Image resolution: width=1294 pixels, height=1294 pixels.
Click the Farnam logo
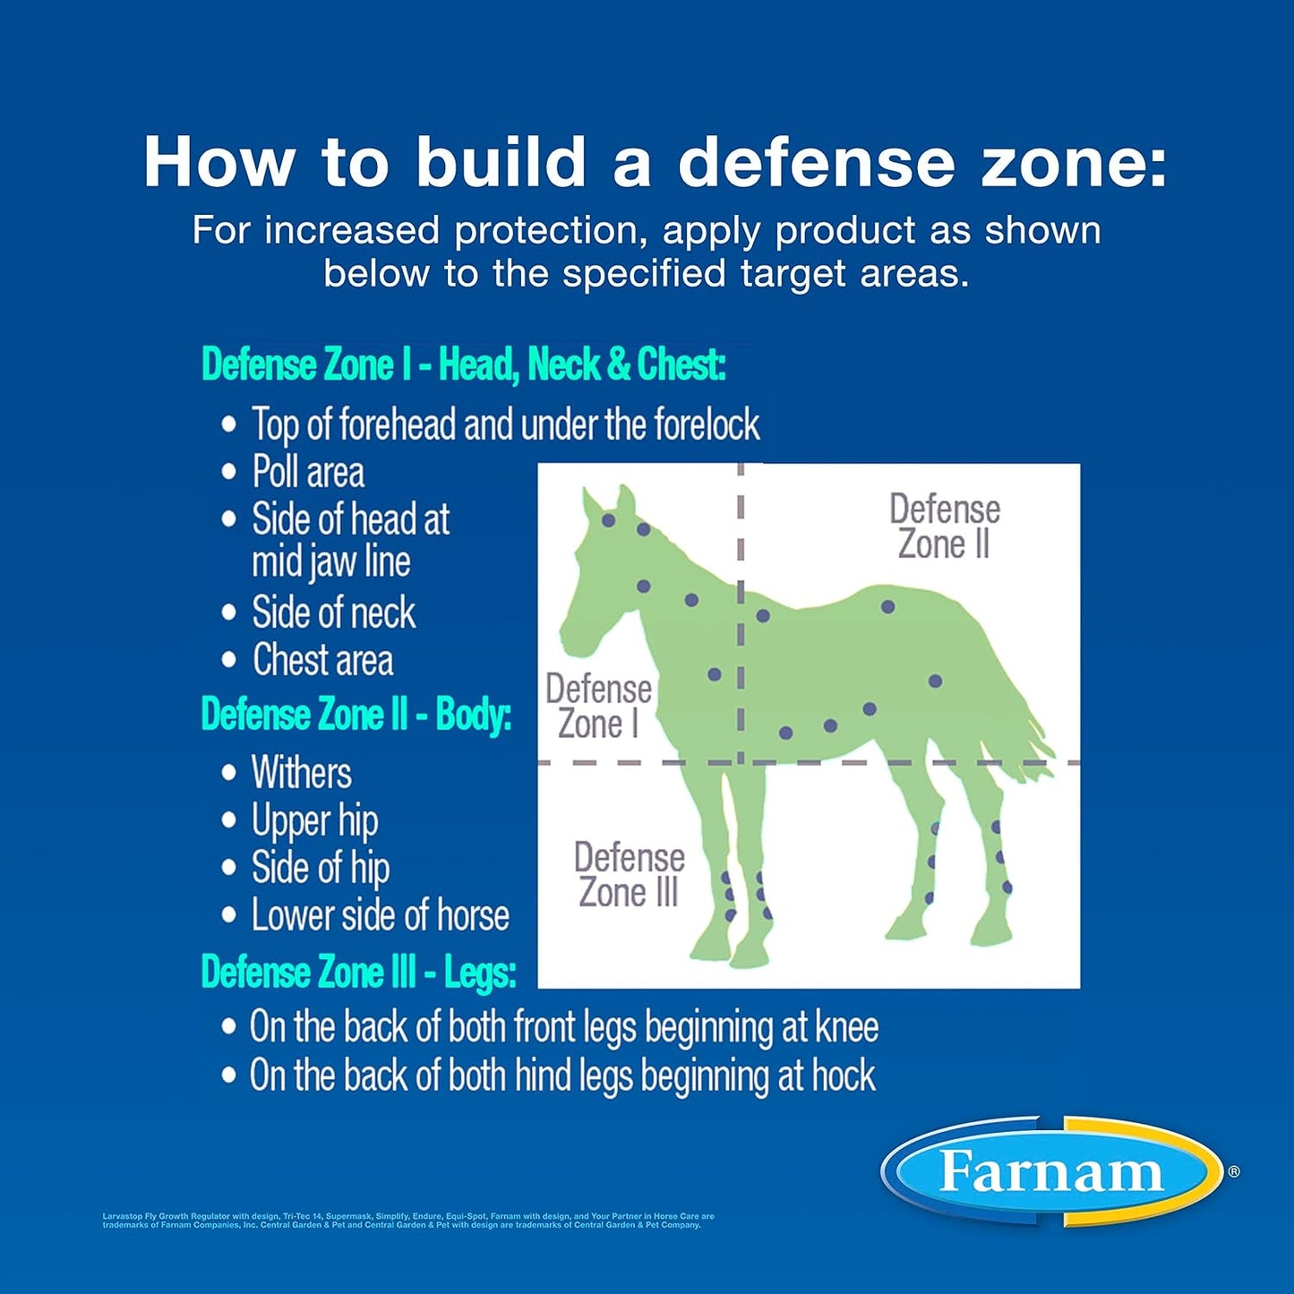(1051, 1171)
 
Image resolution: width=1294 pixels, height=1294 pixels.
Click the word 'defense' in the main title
(816, 163)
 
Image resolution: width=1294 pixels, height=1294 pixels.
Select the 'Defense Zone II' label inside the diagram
(945, 527)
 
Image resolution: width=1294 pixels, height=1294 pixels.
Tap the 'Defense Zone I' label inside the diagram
(598, 707)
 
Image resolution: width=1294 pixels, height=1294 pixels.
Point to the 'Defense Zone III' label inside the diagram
(629, 874)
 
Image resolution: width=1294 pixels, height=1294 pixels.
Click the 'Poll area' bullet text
(308, 472)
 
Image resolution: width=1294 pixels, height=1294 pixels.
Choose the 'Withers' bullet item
(301, 773)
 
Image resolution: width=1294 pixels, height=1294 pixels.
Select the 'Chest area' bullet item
(322, 660)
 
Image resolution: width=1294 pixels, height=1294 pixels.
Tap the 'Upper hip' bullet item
(314, 820)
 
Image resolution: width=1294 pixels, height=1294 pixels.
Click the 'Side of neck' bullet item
(333, 613)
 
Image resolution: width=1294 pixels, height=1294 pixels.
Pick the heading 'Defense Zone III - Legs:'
(358, 972)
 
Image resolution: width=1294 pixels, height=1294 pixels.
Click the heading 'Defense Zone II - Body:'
(356, 715)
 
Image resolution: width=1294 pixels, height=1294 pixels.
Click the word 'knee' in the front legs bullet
(846, 1027)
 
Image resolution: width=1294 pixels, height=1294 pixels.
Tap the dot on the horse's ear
(609, 520)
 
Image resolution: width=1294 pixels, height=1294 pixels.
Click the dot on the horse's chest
(715, 674)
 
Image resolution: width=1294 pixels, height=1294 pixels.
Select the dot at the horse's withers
(763, 616)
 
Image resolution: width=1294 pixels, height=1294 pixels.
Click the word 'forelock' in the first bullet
(707, 424)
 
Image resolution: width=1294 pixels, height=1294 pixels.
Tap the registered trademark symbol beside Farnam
(1234, 1171)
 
